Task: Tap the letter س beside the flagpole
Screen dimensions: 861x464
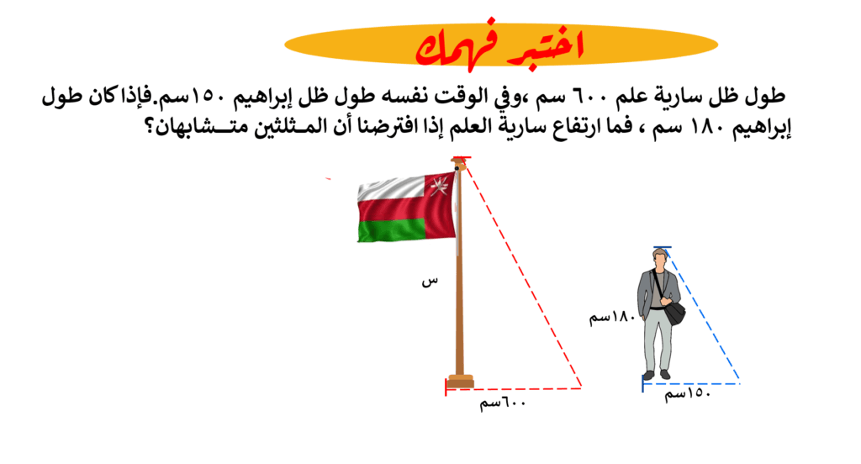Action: click(430, 281)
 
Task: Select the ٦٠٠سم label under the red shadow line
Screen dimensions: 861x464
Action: click(503, 403)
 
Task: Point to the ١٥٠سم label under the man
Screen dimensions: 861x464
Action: click(688, 393)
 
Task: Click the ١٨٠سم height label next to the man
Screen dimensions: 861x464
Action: click(612, 317)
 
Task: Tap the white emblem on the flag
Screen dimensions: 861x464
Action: click(439, 185)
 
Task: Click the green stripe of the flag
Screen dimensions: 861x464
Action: click(392, 229)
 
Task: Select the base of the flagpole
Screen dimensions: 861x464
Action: click(460, 381)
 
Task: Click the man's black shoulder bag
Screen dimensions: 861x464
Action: click(674, 313)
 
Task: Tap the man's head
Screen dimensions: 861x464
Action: click(659, 258)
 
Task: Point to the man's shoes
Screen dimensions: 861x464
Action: click(657, 375)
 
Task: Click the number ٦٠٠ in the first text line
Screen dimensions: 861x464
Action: click(591, 97)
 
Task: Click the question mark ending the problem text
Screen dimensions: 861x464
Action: click(148, 129)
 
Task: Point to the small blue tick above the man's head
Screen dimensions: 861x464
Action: click(663, 248)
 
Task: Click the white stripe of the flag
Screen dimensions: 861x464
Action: click(391, 188)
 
